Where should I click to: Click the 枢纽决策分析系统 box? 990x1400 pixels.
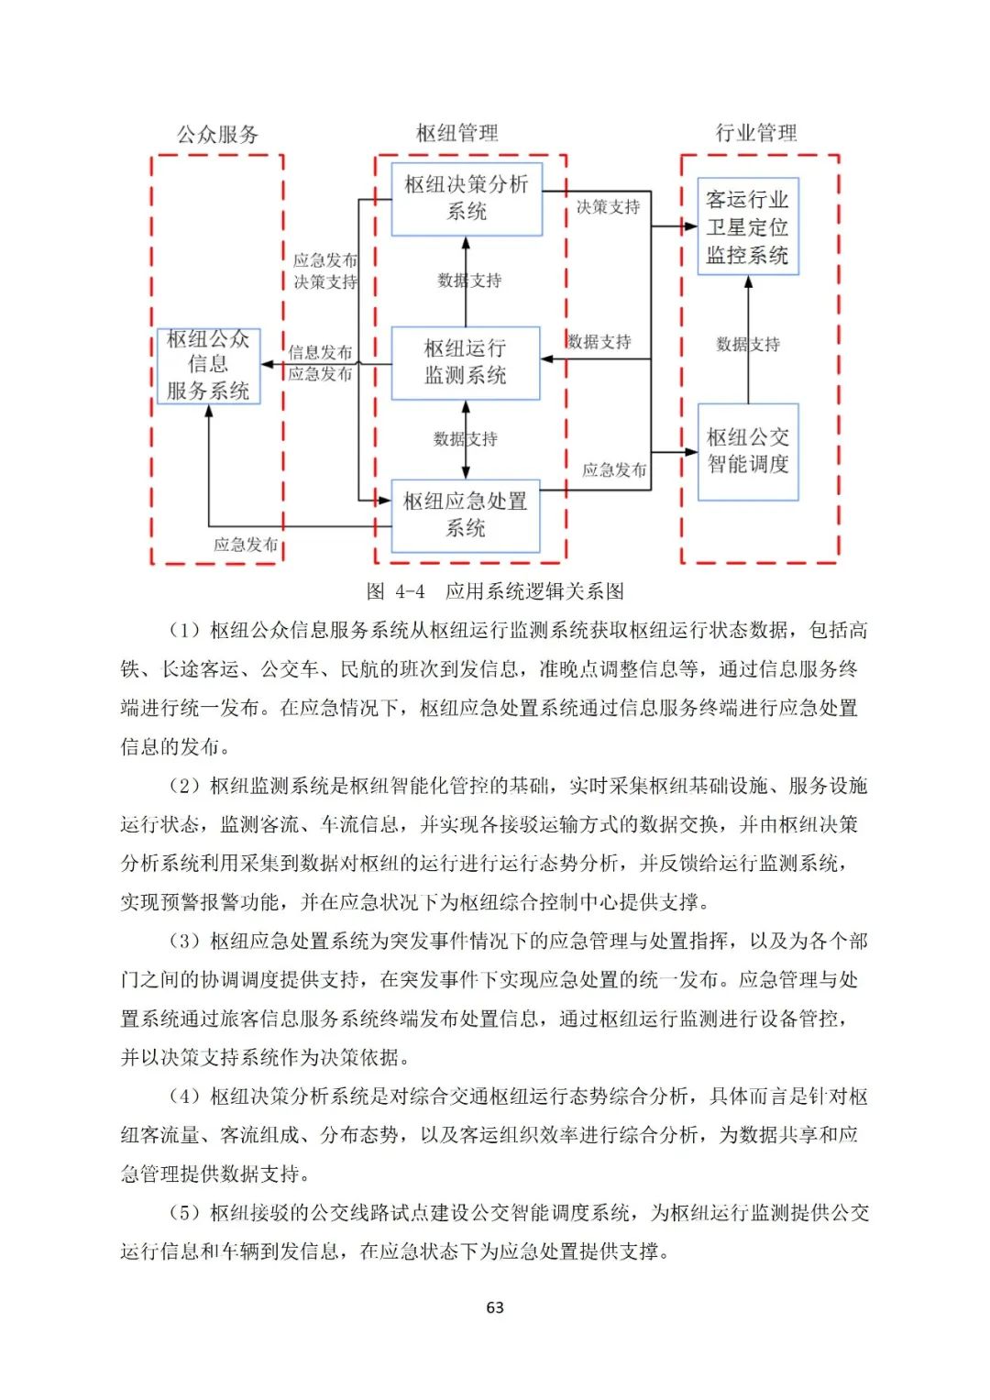[466, 199]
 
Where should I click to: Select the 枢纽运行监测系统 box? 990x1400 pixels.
[465, 363]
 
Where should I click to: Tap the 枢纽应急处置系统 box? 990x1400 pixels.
[465, 515]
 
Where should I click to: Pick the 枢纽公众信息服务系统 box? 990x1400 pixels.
[208, 366]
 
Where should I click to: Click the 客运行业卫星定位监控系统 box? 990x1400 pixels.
[747, 226]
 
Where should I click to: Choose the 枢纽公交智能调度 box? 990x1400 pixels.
[747, 451]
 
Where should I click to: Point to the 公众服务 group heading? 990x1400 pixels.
[217, 135]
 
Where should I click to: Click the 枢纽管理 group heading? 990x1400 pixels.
[456, 134]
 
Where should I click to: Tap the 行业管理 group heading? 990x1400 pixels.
[755, 133]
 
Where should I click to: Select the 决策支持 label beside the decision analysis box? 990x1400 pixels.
[608, 207]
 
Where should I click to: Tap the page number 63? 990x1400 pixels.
[495, 1307]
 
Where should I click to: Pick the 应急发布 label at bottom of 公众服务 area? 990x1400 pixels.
[246, 545]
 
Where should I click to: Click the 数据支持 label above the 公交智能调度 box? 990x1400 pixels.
[747, 345]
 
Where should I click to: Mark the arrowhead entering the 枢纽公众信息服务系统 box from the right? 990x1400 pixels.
[268, 365]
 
